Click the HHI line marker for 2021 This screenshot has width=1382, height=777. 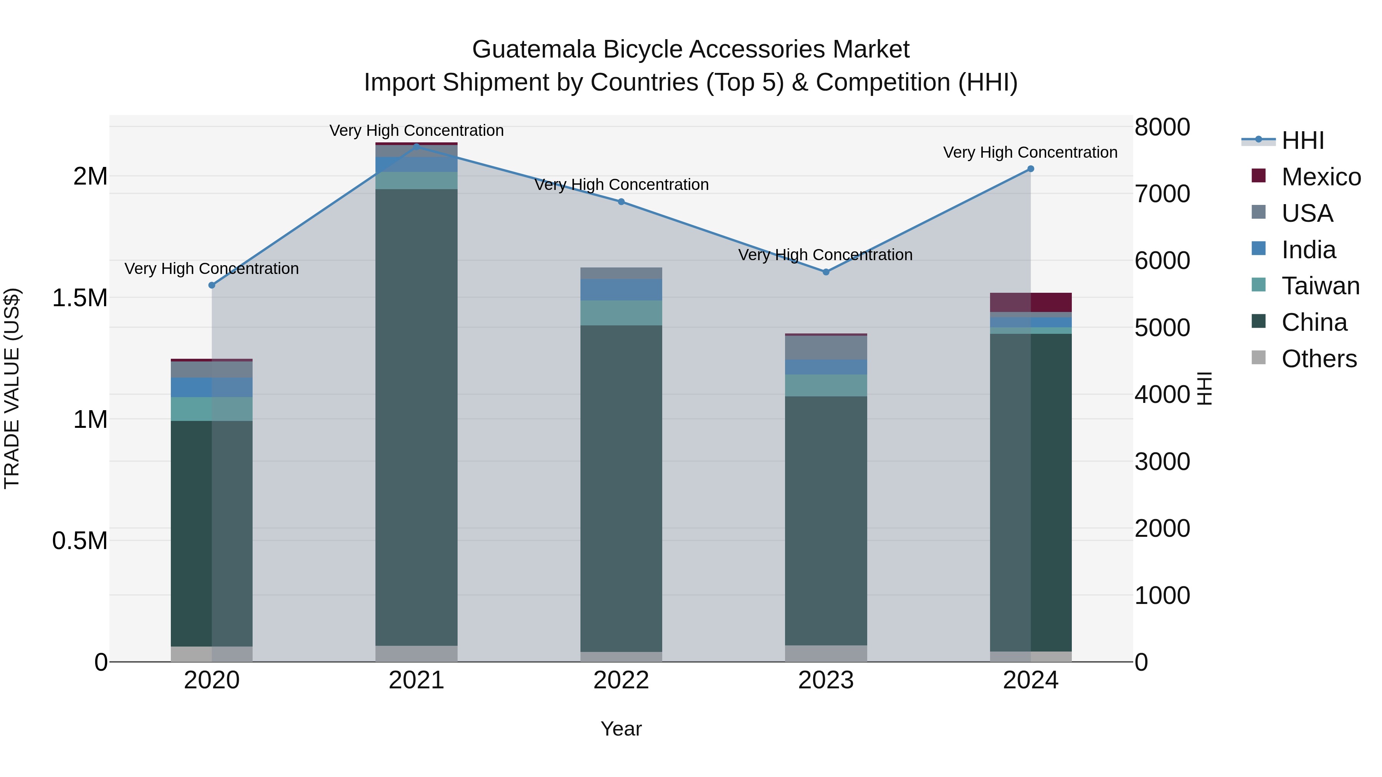417,147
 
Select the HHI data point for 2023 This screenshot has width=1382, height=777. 826,272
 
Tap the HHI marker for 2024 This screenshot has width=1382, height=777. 1031,169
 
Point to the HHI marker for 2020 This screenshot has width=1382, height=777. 212,285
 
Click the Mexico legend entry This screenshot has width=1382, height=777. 1321,177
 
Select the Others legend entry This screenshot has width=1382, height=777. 1319,359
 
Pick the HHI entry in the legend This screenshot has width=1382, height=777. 1303,140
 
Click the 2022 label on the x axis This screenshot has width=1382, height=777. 621,680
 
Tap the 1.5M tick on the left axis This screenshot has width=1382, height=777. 80,298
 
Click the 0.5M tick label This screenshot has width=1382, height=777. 80,541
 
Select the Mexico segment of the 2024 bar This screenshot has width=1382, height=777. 1031,302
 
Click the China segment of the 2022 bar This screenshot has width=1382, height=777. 621,488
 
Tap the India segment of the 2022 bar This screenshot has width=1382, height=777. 621,290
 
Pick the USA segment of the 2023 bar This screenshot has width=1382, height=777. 826,348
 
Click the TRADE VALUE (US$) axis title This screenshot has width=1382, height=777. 12,388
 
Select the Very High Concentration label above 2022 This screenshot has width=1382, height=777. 621,185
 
